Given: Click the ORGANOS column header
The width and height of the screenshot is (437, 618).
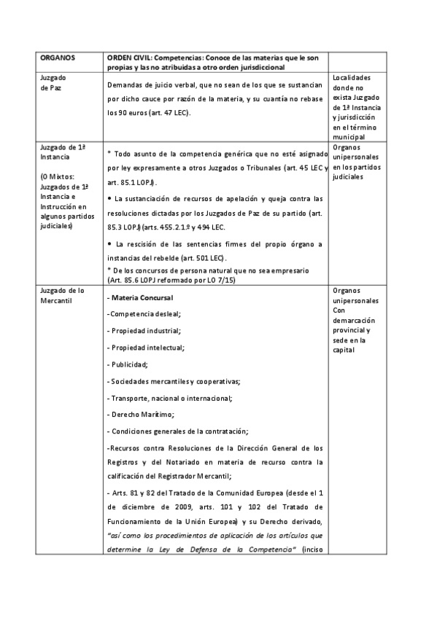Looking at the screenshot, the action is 56,57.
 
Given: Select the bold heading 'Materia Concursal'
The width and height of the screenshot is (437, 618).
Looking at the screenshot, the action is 141,298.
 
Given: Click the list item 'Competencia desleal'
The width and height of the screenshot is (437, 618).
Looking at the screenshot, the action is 144,314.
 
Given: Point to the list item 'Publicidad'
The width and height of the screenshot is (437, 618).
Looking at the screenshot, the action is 129,364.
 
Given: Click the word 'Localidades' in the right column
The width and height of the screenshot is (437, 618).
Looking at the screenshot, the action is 352,77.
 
